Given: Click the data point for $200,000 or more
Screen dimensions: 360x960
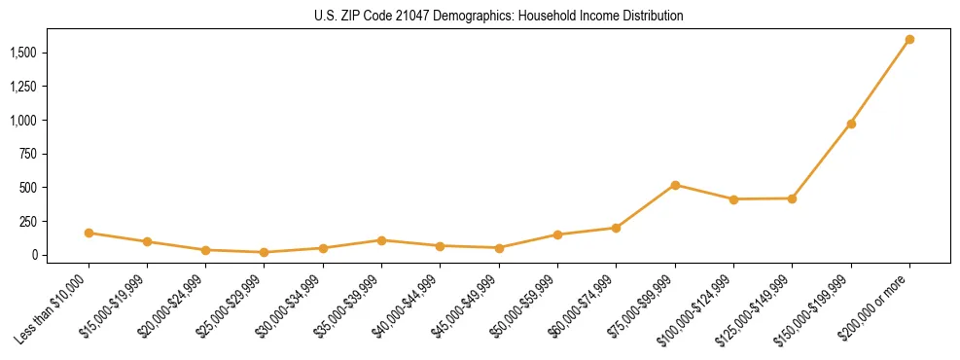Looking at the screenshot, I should click(x=909, y=40).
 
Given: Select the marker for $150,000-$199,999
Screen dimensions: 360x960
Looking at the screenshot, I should click(x=851, y=124).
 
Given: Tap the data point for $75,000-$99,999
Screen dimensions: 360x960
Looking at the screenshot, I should click(x=675, y=185).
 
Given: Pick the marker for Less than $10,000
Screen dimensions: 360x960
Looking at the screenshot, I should click(x=89, y=233).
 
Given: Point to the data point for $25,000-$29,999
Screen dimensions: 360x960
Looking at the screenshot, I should click(x=265, y=252).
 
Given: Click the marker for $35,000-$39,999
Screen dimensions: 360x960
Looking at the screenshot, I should click(x=381, y=240).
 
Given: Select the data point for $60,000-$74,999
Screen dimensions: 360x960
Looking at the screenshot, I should click(x=616, y=228).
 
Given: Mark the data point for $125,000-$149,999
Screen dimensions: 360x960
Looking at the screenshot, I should click(x=792, y=198).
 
